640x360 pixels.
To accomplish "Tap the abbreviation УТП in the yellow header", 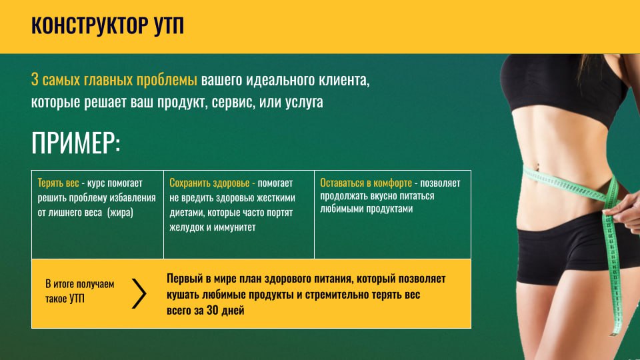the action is click(169, 25).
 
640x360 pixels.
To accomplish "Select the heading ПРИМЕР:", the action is click(76, 143).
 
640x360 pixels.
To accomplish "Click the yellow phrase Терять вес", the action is click(58, 183).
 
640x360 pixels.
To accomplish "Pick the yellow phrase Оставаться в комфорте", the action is click(366, 183).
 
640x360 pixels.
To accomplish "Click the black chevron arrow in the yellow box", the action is click(139, 293).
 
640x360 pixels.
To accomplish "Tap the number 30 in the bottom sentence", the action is click(212, 310).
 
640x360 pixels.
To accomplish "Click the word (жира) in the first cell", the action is click(121, 213).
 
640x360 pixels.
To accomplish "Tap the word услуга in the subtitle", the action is click(304, 102).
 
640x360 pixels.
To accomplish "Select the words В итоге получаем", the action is click(79, 284).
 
